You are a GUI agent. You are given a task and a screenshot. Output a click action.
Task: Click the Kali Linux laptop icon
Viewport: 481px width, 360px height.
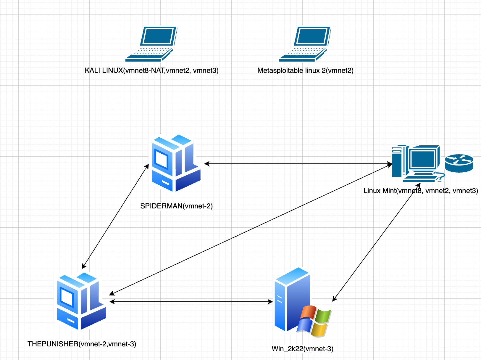coord(151,44)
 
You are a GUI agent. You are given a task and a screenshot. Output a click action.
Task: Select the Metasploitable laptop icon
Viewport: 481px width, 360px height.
coord(305,44)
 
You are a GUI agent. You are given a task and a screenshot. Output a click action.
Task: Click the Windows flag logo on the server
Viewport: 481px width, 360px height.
coord(314,321)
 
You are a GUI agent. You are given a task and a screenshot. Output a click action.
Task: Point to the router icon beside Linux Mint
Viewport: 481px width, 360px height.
coord(459,163)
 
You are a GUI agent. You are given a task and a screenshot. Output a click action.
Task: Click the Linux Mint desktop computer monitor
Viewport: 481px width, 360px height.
coord(423,160)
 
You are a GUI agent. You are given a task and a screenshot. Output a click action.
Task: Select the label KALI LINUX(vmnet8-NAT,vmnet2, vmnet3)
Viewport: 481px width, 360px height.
coord(152,70)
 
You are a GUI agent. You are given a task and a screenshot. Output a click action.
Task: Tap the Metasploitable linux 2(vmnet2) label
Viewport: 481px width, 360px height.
coord(305,70)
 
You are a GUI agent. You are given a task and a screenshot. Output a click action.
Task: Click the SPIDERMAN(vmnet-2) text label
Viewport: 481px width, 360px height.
coord(176,206)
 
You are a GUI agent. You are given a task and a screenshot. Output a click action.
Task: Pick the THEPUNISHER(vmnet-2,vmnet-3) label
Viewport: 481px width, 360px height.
coord(82,344)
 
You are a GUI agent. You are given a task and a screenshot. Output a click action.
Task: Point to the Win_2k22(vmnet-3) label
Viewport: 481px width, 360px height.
coord(302,349)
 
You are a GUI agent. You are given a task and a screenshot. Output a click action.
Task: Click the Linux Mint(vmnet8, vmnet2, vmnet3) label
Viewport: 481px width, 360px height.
coord(421,191)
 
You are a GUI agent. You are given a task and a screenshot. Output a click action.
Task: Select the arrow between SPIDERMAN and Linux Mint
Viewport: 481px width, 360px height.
coord(298,163)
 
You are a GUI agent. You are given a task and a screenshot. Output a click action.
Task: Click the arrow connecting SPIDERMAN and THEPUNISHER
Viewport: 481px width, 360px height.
coord(115,216)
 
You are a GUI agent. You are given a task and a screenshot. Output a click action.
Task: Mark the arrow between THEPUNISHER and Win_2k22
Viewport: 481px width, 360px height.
coord(191,302)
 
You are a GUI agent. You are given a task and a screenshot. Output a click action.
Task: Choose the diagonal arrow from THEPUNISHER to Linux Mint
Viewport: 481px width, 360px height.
coord(251,229)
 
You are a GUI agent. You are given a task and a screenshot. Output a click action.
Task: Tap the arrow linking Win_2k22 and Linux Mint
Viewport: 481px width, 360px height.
coord(377,242)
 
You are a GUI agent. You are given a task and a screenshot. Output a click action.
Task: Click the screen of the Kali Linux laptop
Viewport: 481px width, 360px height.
coord(158,36)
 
